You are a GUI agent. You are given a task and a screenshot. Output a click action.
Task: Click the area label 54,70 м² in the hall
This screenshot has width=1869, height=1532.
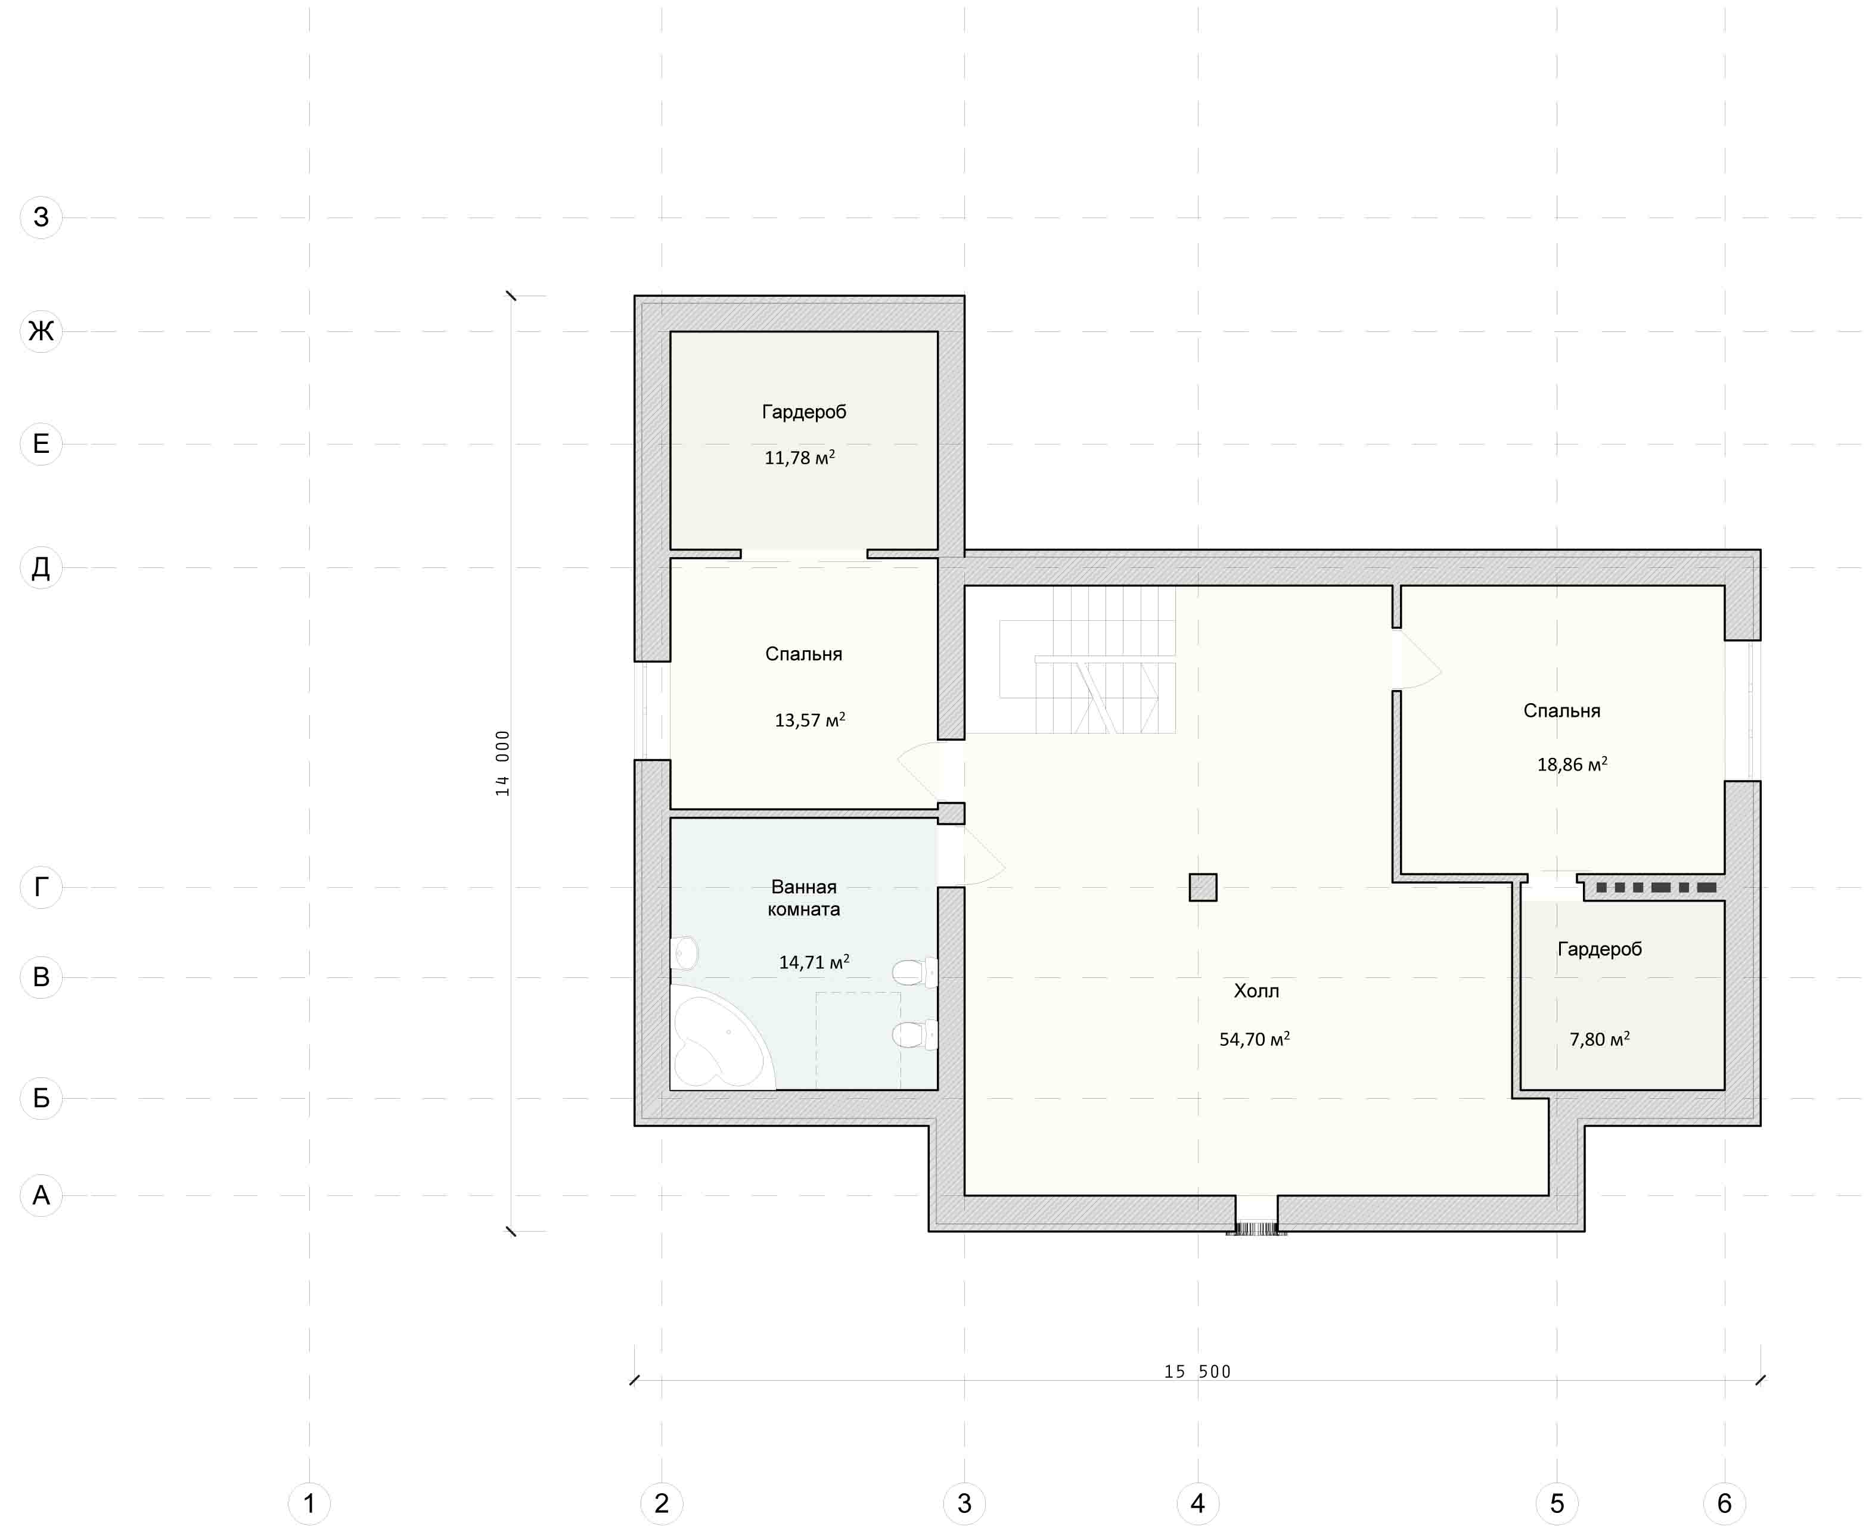1254,1039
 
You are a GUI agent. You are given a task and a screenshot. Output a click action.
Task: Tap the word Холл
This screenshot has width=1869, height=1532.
1256,991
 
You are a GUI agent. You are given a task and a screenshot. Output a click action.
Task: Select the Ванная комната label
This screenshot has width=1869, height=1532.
804,897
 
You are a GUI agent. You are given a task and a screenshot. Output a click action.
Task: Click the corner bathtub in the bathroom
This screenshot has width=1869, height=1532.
722,1038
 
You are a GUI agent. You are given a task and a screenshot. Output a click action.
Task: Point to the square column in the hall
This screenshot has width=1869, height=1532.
1203,887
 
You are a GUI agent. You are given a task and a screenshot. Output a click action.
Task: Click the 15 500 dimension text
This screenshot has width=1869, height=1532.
1197,1371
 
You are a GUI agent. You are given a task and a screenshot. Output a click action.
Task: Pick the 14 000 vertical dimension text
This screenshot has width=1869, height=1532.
502,763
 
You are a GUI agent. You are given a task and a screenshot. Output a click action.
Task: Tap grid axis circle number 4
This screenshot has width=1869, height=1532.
1197,1503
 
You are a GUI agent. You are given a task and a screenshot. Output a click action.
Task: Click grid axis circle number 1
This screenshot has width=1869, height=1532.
309,1503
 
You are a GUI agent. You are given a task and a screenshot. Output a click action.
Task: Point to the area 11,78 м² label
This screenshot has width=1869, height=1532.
799,457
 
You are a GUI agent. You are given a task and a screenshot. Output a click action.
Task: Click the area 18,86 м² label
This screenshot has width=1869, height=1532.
1572,765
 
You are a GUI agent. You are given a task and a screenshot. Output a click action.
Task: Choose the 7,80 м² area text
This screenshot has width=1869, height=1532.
1599,1039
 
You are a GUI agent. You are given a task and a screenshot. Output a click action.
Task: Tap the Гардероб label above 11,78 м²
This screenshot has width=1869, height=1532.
804,412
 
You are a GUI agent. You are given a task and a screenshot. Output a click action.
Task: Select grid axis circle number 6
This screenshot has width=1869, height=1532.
1724,1503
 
